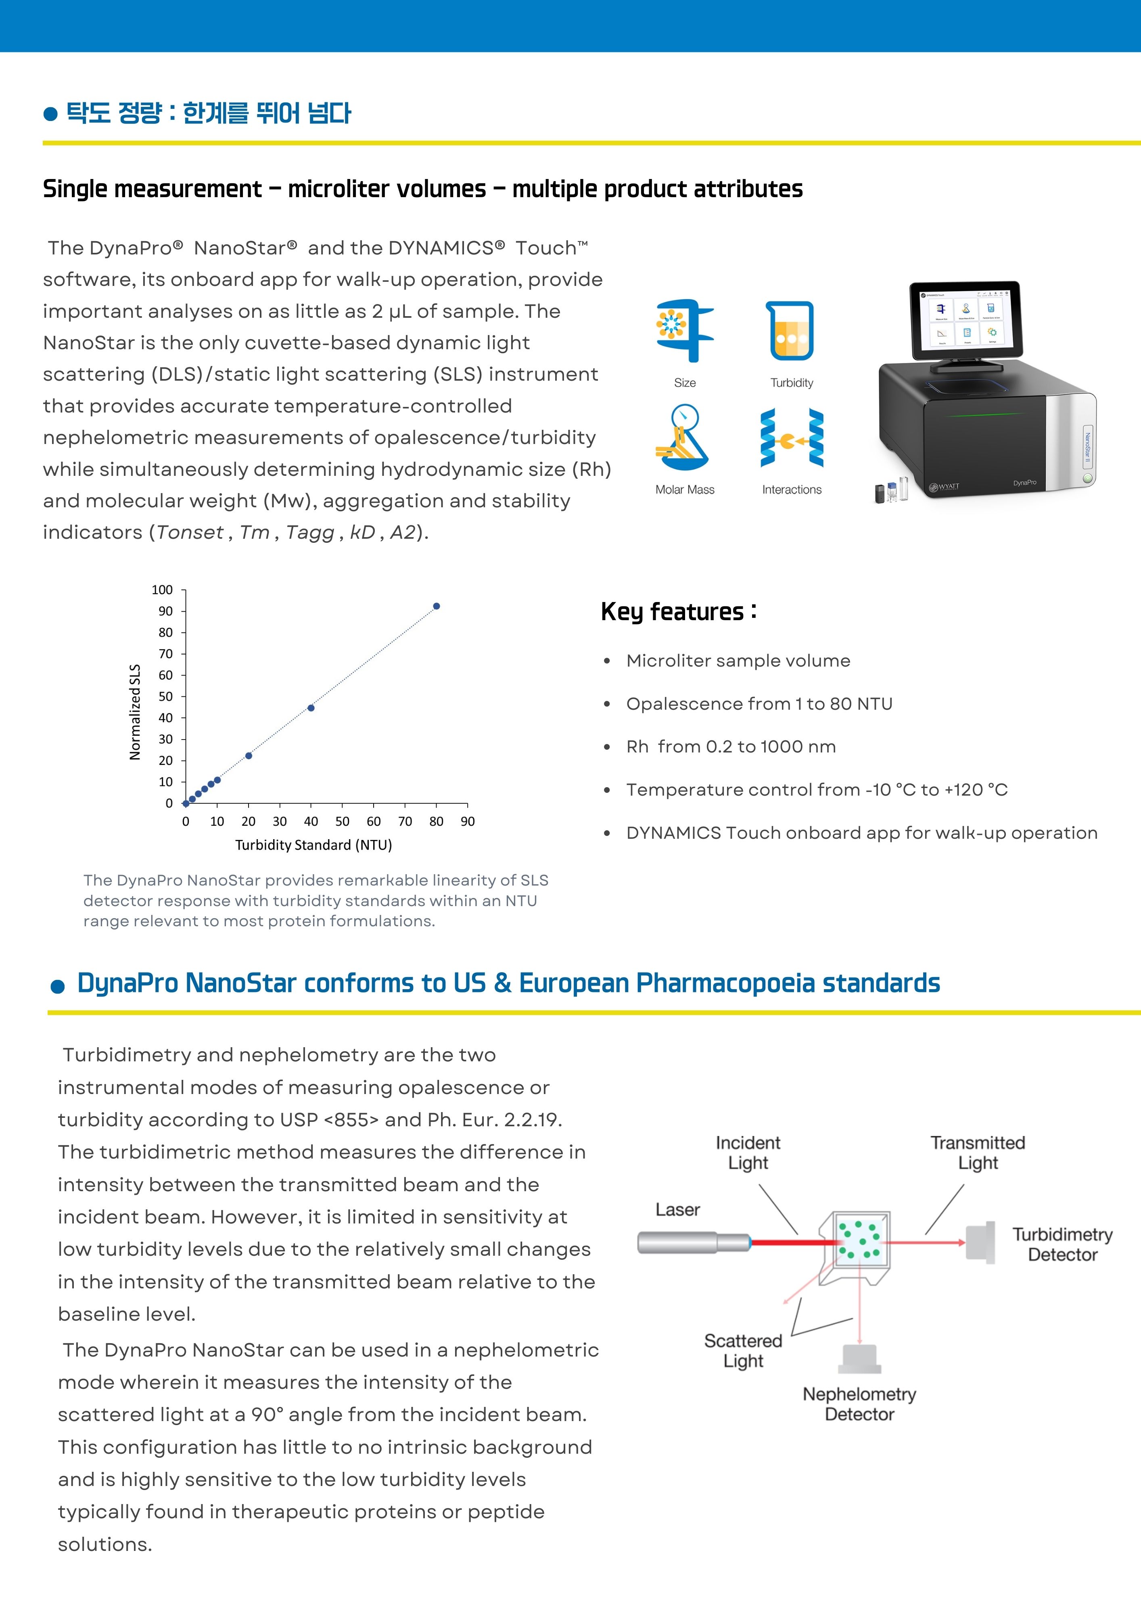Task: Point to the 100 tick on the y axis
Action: pyautogui.click(x=163, y=590)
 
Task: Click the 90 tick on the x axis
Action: pyautogui.click(x=468, y=821)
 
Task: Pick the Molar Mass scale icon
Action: pyautogui.click(x=681, y=438)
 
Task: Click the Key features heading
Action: pyautogui.click(x=678, y=612)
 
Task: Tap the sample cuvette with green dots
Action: pyautogui.click(x=859, y=1241)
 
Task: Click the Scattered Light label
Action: pyautogui.click(x=743, y=1350)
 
